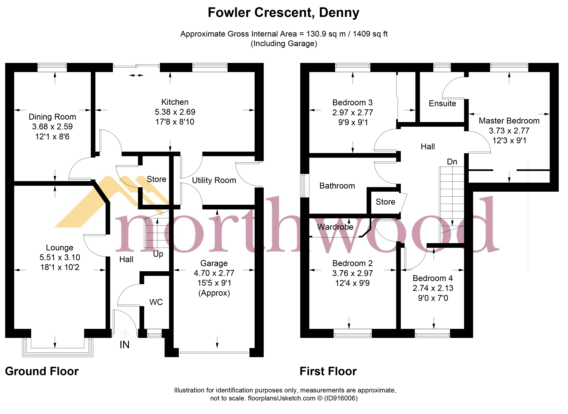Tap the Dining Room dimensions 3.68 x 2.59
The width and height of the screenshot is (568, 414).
(52, 127)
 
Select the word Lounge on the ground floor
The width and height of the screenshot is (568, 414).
(60, 248)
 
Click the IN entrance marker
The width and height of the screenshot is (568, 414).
(124, 345)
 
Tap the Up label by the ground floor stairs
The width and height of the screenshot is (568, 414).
(158, 254)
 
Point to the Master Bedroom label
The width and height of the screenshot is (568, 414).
(509, 121)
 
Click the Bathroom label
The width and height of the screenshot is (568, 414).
(337, 186)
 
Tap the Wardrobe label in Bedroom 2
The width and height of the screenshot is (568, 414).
(335, 227)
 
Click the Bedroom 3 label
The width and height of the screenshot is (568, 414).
(352, 102)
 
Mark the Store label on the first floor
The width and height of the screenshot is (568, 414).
(385, 202)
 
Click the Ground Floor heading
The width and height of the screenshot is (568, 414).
(41, 371)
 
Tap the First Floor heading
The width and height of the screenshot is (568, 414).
(328, 371)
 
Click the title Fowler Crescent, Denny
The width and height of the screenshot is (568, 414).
(283, 12)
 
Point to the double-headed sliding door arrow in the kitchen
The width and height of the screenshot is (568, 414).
(136, 75)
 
